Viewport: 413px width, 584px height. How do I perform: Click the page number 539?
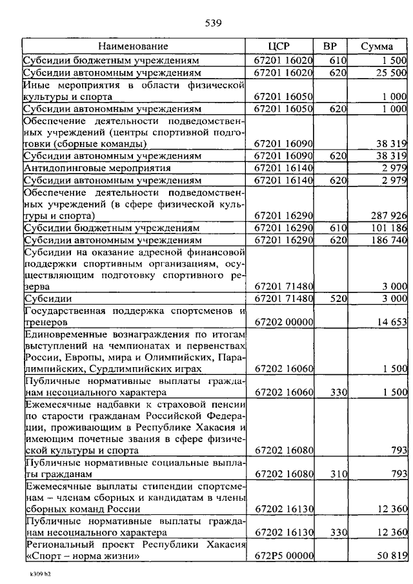tap(214, 24)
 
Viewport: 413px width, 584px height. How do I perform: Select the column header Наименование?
tap(134, 46)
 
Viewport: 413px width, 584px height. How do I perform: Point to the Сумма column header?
tap(378, 46)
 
